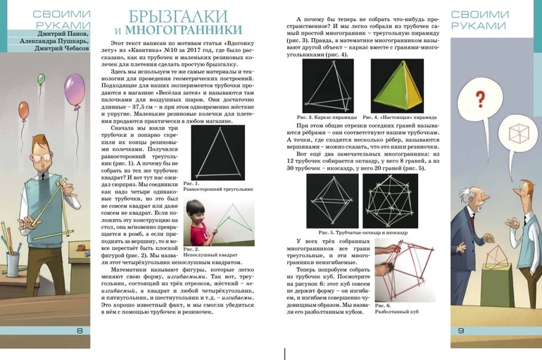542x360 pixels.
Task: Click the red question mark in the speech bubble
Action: [481, 99]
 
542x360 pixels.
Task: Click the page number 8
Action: [80, 332]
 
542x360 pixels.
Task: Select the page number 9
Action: [461, 332]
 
